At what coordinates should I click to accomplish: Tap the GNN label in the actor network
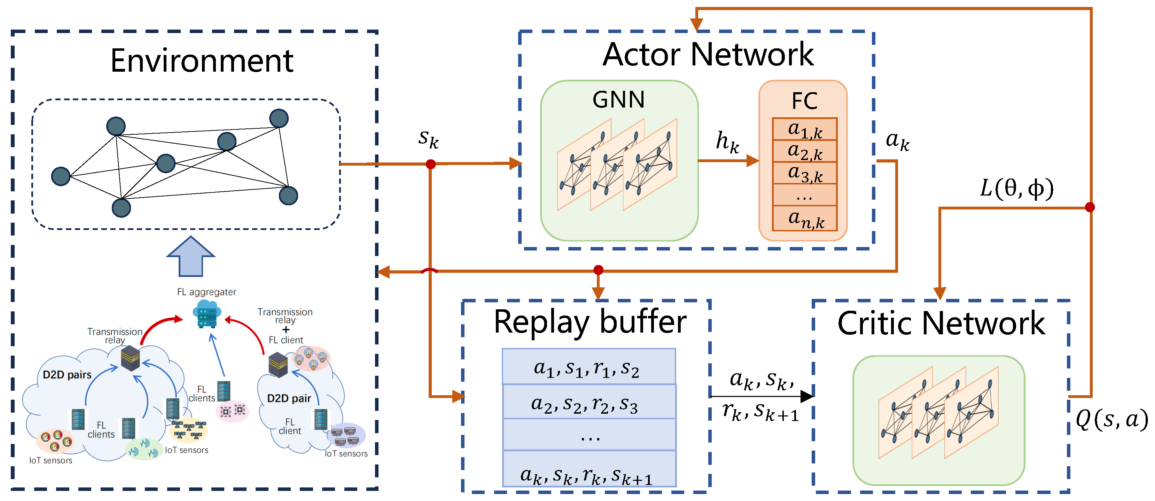point(618,100)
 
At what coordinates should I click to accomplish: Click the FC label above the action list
point(804,101)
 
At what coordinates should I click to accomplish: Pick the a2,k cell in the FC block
point(805,151)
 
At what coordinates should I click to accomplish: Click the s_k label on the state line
point(428,138)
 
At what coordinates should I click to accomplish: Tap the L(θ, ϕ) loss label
point(1016,188)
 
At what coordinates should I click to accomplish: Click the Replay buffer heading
point(590,322)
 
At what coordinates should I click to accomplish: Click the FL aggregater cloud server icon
point(207,314)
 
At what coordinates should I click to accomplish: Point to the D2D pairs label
point(67,375)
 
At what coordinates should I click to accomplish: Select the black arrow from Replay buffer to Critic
point(762,396)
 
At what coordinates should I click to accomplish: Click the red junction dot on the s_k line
point(430,164)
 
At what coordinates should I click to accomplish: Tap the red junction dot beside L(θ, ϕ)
point(1090,207)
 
